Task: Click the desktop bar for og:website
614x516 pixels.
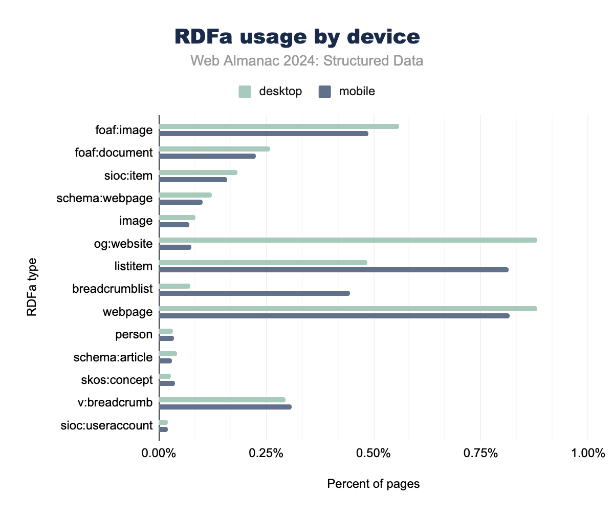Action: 348,240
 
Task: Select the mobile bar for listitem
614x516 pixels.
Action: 334,270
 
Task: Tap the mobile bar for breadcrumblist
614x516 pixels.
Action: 254,293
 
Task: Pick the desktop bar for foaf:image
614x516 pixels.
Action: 279,126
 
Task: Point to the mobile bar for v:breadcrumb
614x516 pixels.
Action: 225,407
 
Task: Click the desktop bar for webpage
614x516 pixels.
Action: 348,309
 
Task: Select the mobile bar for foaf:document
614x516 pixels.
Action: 207,156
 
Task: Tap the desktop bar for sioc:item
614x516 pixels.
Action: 198,173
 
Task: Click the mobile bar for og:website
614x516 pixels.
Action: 175,247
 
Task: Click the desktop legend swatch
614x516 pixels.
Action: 245,92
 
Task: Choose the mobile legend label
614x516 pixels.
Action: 357,92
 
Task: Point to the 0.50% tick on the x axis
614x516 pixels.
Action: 374,453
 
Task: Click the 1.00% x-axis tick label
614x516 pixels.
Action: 588,453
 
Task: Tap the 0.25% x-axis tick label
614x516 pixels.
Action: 266,453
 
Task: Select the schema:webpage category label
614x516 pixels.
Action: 104,198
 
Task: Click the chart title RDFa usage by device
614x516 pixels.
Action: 297,37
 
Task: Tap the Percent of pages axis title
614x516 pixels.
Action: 374,484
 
